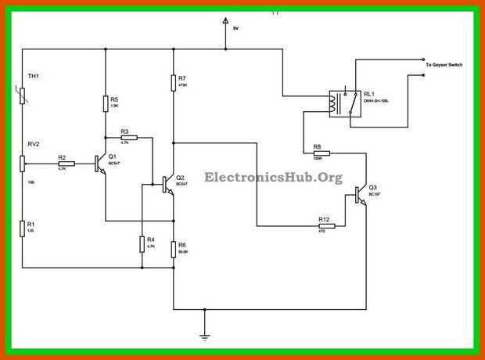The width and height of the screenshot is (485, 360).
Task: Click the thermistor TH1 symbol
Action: click(23, 95)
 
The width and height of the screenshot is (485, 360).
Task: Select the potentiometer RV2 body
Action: click(23, 163)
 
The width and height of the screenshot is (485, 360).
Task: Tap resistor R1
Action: click(23, 229)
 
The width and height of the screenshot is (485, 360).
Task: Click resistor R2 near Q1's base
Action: click(66, 164)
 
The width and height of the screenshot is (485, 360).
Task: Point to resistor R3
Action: click(128, 137)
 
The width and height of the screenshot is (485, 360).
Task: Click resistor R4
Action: click(142, 244)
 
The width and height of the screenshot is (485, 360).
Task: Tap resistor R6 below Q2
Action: click(173, 249)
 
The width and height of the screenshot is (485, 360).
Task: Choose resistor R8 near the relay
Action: click(316, 153)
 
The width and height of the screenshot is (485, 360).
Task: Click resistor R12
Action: click(326, 225)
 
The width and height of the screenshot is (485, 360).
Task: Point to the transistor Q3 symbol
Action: click(361, 194)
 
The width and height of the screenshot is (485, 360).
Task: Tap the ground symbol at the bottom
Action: click(204, 337)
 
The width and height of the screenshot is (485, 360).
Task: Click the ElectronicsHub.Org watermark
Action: click(273, 178)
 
